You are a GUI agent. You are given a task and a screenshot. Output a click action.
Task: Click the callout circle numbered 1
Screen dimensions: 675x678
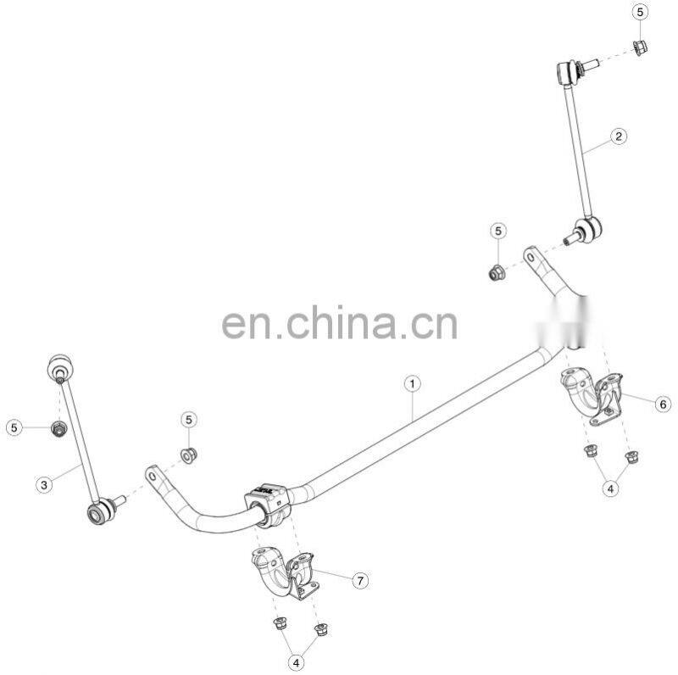tap(412, 384)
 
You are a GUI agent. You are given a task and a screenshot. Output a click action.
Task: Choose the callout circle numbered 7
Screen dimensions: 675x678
tap(360, 580)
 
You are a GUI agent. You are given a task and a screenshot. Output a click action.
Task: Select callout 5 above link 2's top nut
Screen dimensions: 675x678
tap(639, 13)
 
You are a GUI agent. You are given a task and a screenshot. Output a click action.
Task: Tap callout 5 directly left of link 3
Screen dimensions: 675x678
tap(14, 428)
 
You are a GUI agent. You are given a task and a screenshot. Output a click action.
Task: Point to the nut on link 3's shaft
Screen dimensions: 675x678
tap(59, 430)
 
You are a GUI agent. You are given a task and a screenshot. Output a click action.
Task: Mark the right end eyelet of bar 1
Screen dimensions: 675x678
tap(531, 256)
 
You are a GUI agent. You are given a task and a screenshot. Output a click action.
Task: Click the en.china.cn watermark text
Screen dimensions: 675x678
tap(339, 323)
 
